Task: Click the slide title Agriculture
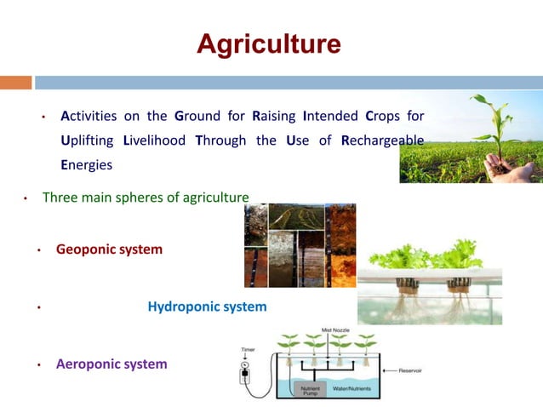(269, 44)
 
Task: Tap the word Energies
(86, 164)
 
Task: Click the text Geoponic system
(109, 250)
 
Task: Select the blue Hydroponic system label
(207, 307)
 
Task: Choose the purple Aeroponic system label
(111, 364)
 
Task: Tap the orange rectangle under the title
(15, 83)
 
